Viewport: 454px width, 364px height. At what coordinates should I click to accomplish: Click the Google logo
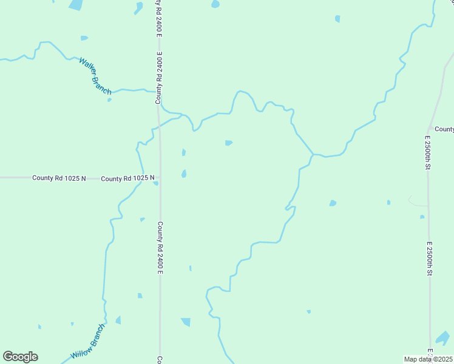click(20, 357)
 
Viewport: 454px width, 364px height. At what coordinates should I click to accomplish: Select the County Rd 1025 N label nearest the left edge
click(59, 178)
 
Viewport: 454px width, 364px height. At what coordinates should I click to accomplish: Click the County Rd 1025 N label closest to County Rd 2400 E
click(127, 178)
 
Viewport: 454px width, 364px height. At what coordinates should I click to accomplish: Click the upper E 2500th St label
click(427, 151)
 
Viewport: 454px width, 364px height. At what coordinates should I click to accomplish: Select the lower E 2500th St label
click(429, 258)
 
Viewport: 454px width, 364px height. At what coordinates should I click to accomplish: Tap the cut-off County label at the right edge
click(444, 129)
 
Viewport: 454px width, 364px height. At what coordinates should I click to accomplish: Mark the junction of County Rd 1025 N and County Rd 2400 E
click(160, 178)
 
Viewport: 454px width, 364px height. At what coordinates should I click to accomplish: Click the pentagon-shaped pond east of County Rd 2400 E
click(228, 143)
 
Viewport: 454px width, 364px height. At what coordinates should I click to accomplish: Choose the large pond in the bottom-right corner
click(443, 337)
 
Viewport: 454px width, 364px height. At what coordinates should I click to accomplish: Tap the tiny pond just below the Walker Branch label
click(109, 100)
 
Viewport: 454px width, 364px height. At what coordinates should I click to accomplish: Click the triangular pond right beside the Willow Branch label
click(118, 320)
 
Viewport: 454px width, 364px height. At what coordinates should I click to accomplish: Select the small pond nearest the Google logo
click(39, 327)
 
